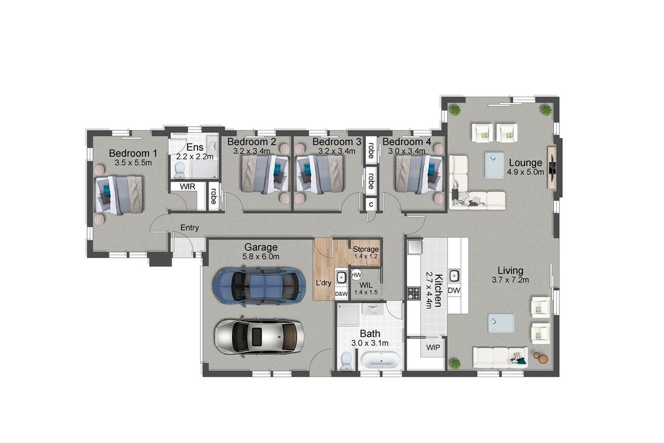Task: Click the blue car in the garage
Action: [x=259, y=287]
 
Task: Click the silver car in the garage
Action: [x=259, y=337]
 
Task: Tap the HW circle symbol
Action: [x=356, y=275]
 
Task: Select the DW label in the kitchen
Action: [x=454, y=291]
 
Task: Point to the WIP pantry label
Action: [x=433, y=347]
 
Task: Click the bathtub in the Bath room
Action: [x=381, y=360]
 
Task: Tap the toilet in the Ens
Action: [x=180, y=170]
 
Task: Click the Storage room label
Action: [x=366, y=249]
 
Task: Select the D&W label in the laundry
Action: [x=341, y=293]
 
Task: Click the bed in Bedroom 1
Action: [x=119, y=195]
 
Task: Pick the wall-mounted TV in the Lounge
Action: [x=553, y=168]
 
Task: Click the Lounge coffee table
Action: [x=495, y=165]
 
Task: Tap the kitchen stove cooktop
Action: [x=413, y=293]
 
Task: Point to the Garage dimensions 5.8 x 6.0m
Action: [x=261, y=256]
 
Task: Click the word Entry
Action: [x=189, y=228]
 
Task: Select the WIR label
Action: [x=188, y=187]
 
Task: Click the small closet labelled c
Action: [x=371, y=204]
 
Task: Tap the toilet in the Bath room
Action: [x=346, y=361]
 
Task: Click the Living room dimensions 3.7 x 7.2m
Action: [x=510, y=280]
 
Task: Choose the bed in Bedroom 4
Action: [x=418, y=175]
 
